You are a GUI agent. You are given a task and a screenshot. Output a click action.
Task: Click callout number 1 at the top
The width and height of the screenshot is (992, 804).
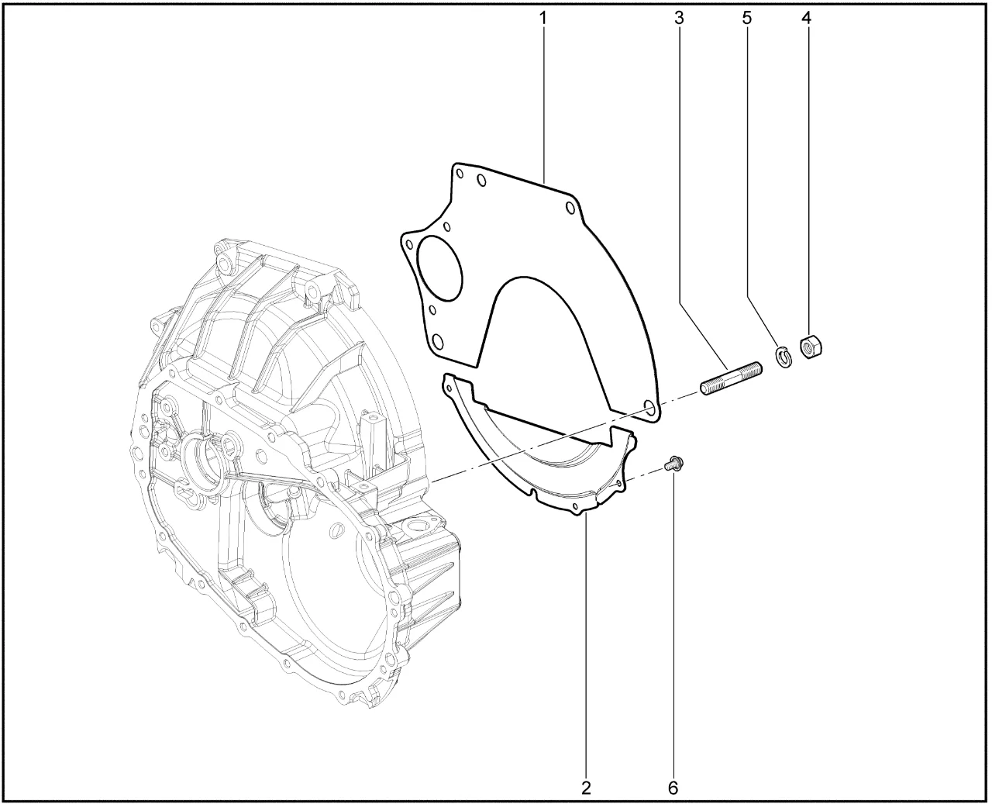click(x=542, y=19)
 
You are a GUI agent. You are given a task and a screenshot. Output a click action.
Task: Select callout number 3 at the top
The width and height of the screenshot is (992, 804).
click(x=679, y=19)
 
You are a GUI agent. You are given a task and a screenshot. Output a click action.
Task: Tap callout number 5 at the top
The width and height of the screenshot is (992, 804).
click(x=747, y=19)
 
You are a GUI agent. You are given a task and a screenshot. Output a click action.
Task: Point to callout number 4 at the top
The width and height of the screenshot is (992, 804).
click(x=807, y=19)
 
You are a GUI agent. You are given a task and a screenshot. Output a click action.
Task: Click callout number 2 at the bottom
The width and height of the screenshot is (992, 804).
click(x=587, y=788)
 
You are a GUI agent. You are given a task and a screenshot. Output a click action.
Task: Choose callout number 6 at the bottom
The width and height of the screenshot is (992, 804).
click(x=673, y=788)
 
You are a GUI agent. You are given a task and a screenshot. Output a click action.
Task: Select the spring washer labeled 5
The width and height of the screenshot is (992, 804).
click(x=784, y=357)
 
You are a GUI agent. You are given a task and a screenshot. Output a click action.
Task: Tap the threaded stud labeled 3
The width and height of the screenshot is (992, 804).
click(x=731, y=378)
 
